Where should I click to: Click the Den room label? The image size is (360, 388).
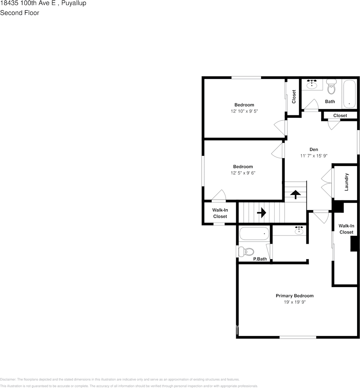click(x=313, y=150)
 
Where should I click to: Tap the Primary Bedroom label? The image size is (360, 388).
click(x=294, y=296)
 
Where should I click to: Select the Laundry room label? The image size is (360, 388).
click(x=347, y=182)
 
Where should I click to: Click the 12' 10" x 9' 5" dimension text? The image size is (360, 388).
click(x=244, y=111)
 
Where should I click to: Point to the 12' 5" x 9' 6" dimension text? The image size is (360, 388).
click(x=243, y=173)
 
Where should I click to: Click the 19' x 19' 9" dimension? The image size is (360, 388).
click(x=295, y=302)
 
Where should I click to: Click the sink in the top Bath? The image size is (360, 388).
click(x=313, y=84)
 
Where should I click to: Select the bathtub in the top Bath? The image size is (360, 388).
click(x=349, y=93)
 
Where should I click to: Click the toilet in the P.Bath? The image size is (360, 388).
click(x=246, y=251)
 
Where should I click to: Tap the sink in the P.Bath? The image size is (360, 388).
click(x=299, y=231)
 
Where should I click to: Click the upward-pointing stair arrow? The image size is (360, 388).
click(x=295, y=193)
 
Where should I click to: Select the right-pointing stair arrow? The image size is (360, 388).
click(x=261, y=213)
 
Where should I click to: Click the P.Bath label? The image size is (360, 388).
click(x=260, y=259)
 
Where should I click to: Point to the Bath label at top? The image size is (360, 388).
click(x=330, y=101)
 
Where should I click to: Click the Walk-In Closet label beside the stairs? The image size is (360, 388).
click(x=220, y=213)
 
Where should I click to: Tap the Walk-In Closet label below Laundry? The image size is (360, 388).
click(x=346, y=229)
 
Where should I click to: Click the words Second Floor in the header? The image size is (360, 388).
click(x=20, y=13)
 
